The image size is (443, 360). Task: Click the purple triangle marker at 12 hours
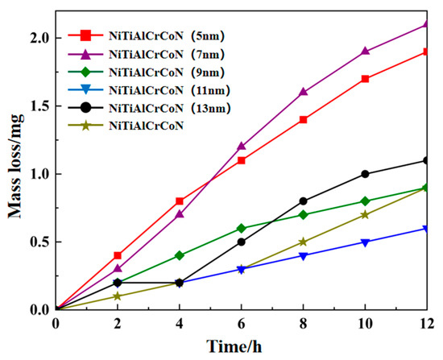428,24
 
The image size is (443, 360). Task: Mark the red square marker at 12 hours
428,52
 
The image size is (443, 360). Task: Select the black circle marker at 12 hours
428,160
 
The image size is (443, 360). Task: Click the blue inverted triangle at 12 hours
428,228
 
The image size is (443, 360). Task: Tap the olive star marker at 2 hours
117,296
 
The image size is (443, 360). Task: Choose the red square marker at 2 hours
117,255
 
